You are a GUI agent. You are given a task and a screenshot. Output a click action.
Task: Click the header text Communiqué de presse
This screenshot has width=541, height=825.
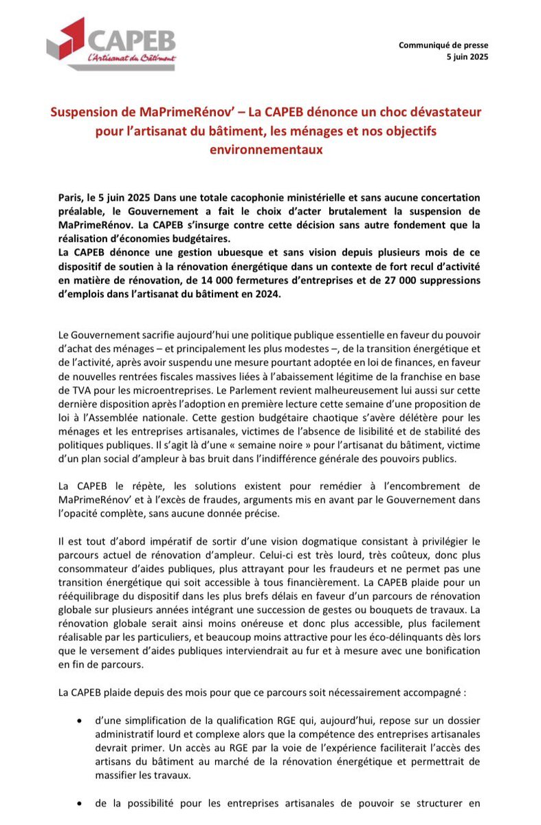(x=443, y=45)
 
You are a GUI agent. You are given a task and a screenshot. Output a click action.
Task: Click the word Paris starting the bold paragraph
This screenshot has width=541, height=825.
(x=71, y=197)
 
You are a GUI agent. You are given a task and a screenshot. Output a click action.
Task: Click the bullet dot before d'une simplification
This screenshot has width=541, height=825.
(x=82, y=720)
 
